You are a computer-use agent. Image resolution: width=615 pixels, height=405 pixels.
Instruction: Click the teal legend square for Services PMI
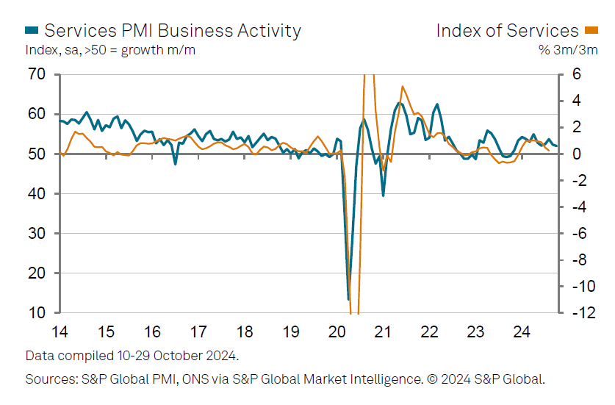[x=32, y=30]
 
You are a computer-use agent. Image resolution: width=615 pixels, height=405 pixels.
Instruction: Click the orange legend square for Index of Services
[x=591, y=30]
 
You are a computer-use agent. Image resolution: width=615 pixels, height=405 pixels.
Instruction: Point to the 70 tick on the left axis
[x=37, y=74]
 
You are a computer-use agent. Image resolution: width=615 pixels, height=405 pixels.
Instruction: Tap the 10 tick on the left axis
[x=37, y=313]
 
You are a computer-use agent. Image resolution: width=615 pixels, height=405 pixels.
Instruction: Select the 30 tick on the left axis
[x=37, y=234]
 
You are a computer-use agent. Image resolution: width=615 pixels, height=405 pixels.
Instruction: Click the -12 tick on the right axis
[x=578, y=313]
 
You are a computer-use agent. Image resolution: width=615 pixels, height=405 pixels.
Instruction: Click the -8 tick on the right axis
[x=578, y=260]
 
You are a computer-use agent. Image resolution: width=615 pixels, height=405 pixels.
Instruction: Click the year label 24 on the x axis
[x=522, y=331]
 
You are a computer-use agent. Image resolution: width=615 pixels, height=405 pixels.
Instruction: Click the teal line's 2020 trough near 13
[x=348, y=299]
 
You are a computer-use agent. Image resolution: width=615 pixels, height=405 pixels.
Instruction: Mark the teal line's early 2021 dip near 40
[x=384, y=195]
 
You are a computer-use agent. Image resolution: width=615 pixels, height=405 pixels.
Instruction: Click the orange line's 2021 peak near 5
[x=402, y=87]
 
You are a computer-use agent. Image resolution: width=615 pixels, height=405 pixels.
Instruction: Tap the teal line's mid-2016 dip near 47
[x=175, y=163]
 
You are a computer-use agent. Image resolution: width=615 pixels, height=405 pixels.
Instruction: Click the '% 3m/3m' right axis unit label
[x=570, y=50]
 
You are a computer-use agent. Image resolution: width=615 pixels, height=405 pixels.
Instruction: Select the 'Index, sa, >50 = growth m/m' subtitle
[x=110, y=50]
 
